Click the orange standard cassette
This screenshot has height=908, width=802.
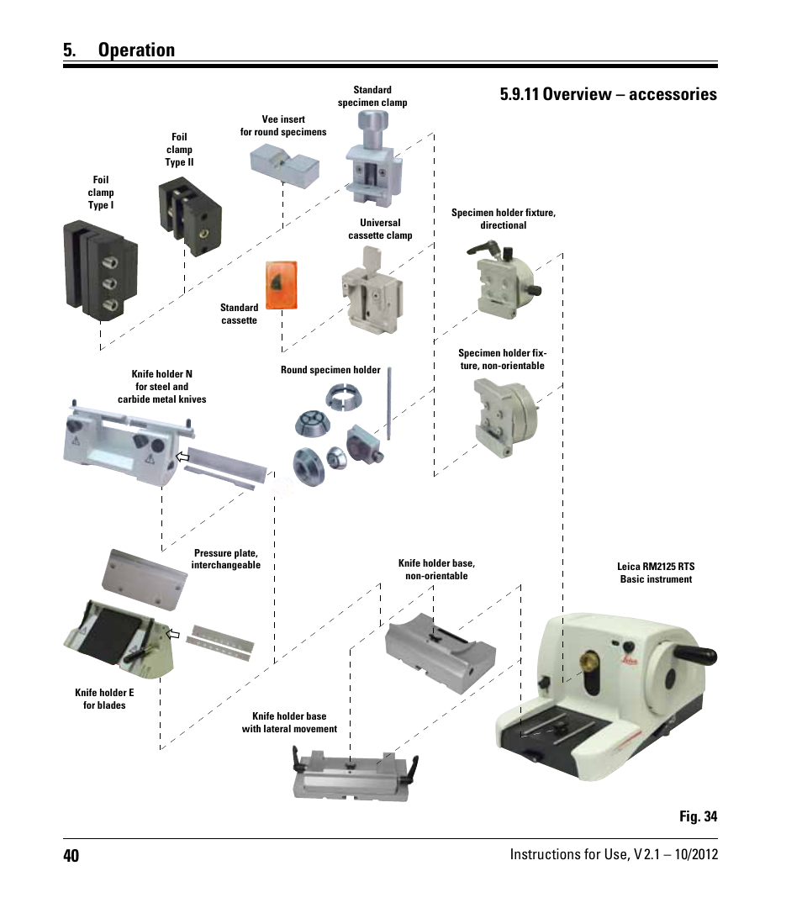click(282, 286)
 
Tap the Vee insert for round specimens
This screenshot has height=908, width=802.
click(284, 164)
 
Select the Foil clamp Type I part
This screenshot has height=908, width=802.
click(100, 270)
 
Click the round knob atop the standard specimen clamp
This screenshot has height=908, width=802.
click(373, 122)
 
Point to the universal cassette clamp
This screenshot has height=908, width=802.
click(372, 292)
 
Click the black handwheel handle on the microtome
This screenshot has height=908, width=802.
click(695, 654)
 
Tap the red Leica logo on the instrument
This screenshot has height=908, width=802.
click(631, 660)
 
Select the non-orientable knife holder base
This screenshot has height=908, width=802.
click(440, 652)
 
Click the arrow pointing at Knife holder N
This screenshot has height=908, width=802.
click(182, 457)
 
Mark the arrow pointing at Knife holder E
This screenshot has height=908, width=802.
click(173, 634)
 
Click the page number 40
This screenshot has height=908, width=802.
click(71, 855)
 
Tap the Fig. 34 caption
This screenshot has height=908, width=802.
click(698, 816)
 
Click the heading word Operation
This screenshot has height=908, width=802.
click(137, 50)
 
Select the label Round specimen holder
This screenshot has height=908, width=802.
click(330, 370)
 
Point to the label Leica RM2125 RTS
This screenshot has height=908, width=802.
click(656, 567)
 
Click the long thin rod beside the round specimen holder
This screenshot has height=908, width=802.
click(389, 403)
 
